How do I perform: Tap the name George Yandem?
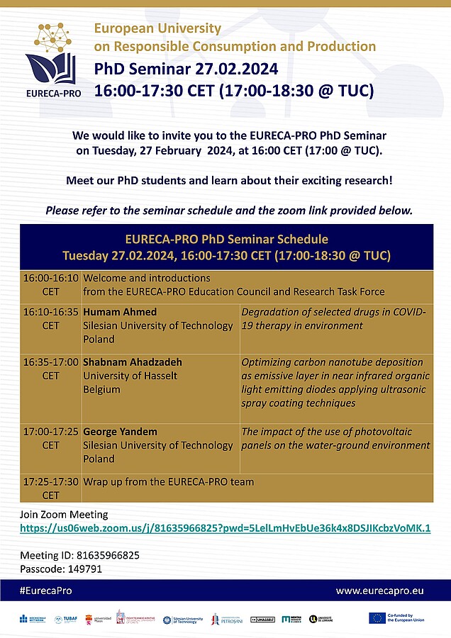point(119,431)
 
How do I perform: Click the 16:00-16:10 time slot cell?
point(51,284)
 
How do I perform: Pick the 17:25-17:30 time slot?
point(51,488)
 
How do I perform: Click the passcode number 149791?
point(88,569)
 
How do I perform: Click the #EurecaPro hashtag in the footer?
point(45,591)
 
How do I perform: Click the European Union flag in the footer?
point(377,618)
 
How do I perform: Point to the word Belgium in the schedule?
point(101,389)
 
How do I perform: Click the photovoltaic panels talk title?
point(335,438)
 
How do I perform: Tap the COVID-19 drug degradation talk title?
point(333,319)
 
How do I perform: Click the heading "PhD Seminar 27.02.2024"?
point(182,69)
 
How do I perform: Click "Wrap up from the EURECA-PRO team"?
point(168,482)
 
